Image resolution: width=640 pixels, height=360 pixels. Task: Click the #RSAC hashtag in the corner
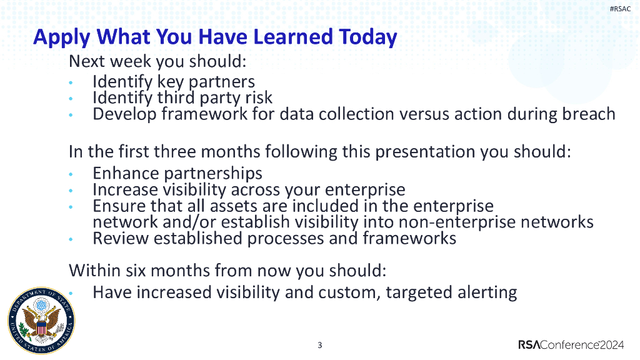(620, 9)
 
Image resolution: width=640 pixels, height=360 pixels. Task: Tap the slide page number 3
(319, 345)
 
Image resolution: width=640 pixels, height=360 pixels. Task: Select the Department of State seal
(41, 321)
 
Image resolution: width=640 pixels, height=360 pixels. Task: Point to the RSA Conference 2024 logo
(571, 345)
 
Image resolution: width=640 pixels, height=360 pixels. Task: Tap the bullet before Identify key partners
(71, 82)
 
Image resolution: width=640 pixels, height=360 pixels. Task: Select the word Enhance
(125, 173)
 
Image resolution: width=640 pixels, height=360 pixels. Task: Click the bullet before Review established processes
(71, 239)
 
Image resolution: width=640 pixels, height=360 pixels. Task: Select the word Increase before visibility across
(125, 190)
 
